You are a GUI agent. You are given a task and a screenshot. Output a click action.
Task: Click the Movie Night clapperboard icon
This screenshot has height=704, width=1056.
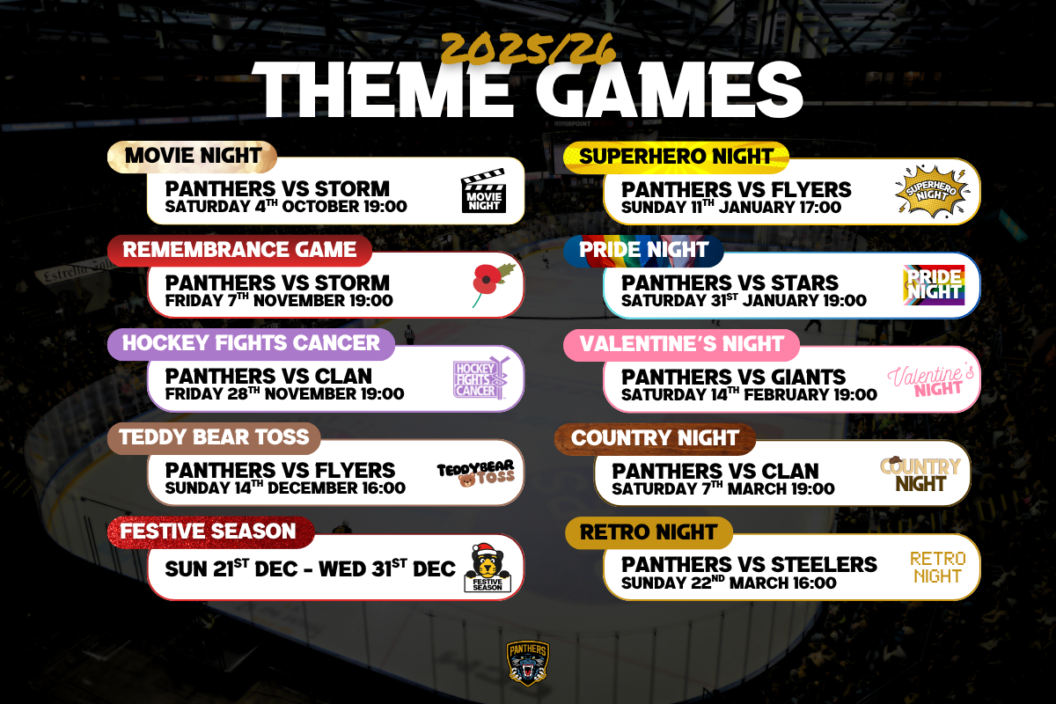click(x=484, y=190)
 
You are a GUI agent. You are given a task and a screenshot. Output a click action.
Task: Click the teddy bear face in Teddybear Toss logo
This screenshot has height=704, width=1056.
click(x=466, y=480)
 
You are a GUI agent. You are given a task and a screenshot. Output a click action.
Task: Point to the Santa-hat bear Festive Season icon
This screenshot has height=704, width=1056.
click(x=488, y=568)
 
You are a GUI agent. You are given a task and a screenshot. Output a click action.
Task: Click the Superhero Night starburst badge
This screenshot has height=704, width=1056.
click(x=933, y=192)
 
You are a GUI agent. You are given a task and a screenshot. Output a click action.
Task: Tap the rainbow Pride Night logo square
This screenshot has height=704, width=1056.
click(x=934, y=285)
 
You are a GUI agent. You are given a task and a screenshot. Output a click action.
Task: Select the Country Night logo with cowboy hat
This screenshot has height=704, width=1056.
click(x=920, y=474)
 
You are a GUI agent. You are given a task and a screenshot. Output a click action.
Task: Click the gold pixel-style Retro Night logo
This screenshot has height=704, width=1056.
click(x=938, y=568)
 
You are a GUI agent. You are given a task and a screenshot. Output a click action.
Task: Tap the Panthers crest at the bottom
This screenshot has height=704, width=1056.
click(x=527, y=663)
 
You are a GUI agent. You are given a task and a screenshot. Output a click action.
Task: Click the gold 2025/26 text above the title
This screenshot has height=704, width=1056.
click(x=528, y=49)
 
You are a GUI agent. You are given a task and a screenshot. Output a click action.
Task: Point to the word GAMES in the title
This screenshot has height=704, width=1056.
click(x=670, y=90)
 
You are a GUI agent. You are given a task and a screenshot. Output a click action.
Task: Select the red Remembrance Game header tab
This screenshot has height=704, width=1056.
click(x=239, y=250)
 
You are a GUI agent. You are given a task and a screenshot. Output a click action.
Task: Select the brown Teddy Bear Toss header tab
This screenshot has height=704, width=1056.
click(x=214, y=437)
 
